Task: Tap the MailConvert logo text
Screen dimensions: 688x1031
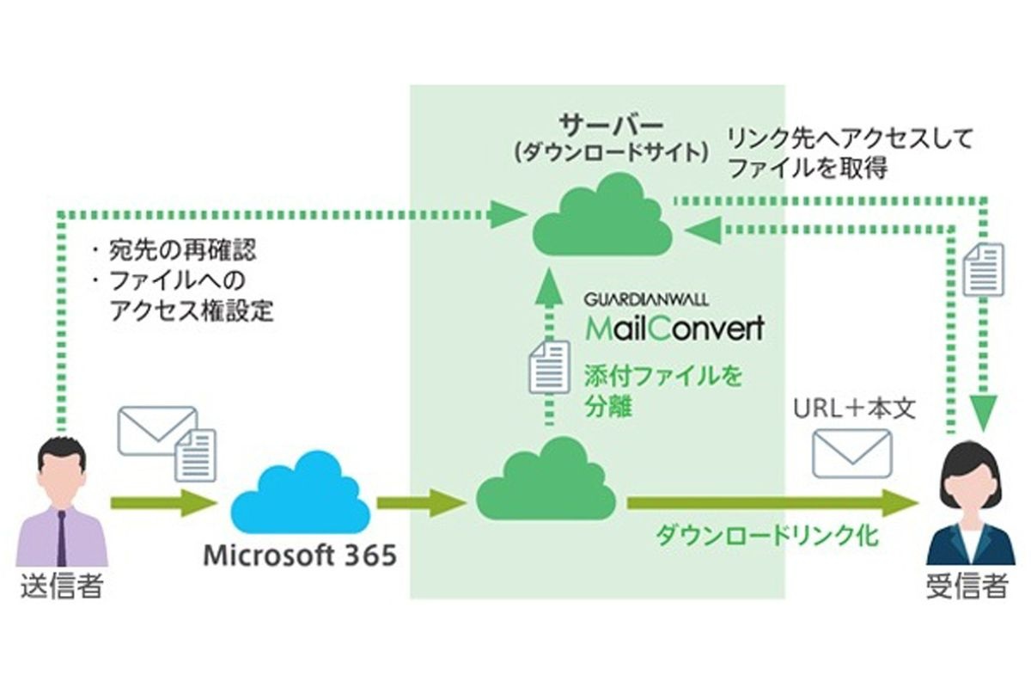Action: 674,329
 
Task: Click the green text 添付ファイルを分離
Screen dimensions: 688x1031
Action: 662,390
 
